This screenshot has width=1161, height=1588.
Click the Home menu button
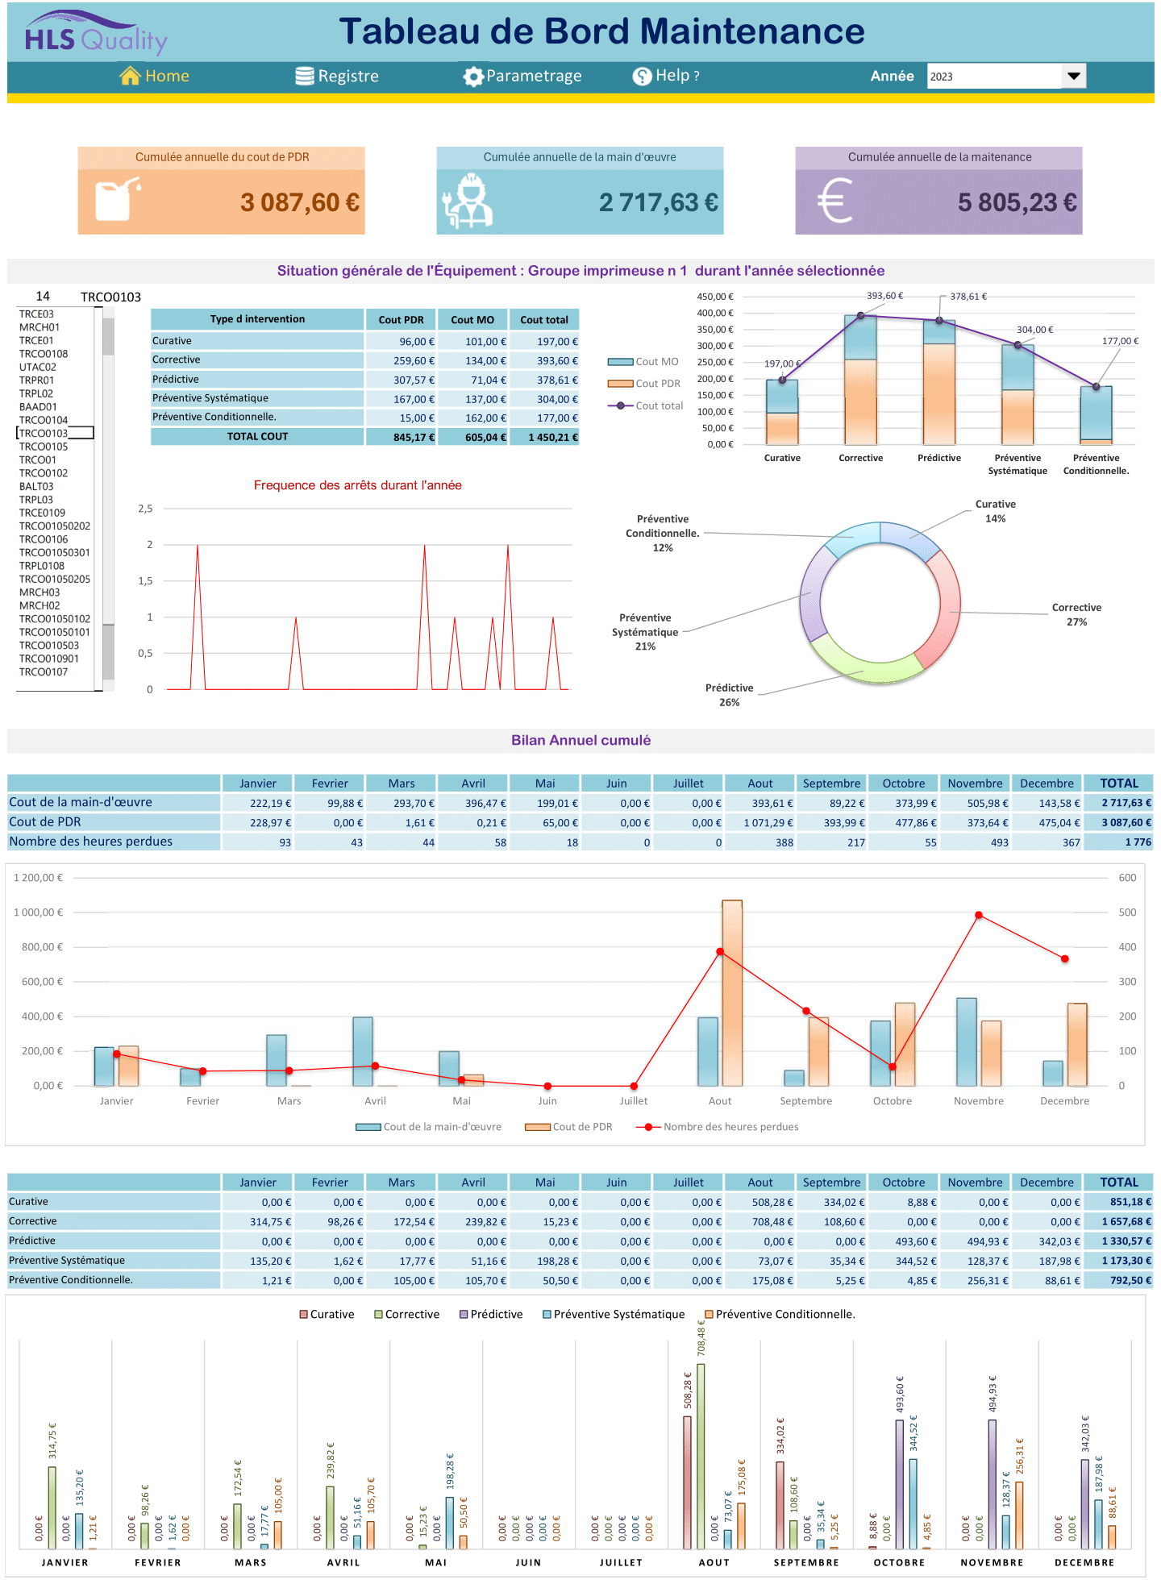[x=155, y=76]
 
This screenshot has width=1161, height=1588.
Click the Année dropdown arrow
[x=1073, y=76]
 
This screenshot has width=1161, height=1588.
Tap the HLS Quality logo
[x=96, y=35]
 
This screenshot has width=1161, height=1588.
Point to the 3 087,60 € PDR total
[x=299, y=202]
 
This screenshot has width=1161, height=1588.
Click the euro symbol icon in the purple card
[x=835, y=201]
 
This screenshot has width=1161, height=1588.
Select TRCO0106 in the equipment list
[x=44, y=539]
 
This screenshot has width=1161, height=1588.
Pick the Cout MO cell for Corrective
[x=472, y=361]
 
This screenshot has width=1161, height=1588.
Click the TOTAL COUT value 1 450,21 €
[x=545, y=438]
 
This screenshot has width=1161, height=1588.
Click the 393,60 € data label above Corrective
[x=884, y=296]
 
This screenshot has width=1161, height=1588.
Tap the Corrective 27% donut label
[x=1076, y=615]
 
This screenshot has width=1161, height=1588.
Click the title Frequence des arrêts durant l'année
[x=357, y=485]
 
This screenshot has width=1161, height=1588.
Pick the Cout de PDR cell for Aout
[x=760, y=823]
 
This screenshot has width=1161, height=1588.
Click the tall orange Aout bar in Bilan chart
[x=732, y=991]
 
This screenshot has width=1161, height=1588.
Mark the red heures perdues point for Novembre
[x=979, y=915]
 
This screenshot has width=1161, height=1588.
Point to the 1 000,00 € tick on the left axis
[x=38, y=912]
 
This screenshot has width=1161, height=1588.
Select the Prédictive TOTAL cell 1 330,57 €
[x=1118, y=1241]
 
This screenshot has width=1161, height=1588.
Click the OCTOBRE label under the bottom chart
[x=899, y=1562]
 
